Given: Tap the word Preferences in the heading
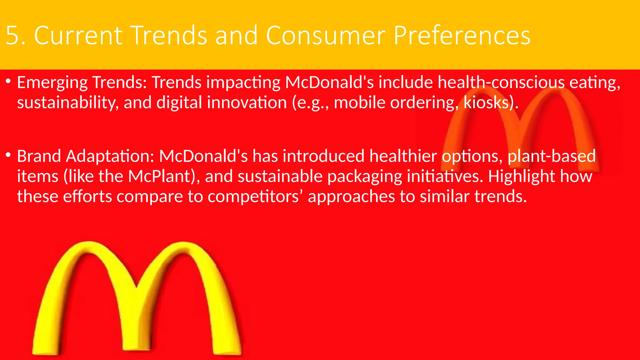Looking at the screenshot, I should (462, 35).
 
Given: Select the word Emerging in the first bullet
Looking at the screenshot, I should (52, 83).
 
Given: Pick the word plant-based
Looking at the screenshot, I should (552, 156).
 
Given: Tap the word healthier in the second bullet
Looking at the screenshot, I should (403, 156).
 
